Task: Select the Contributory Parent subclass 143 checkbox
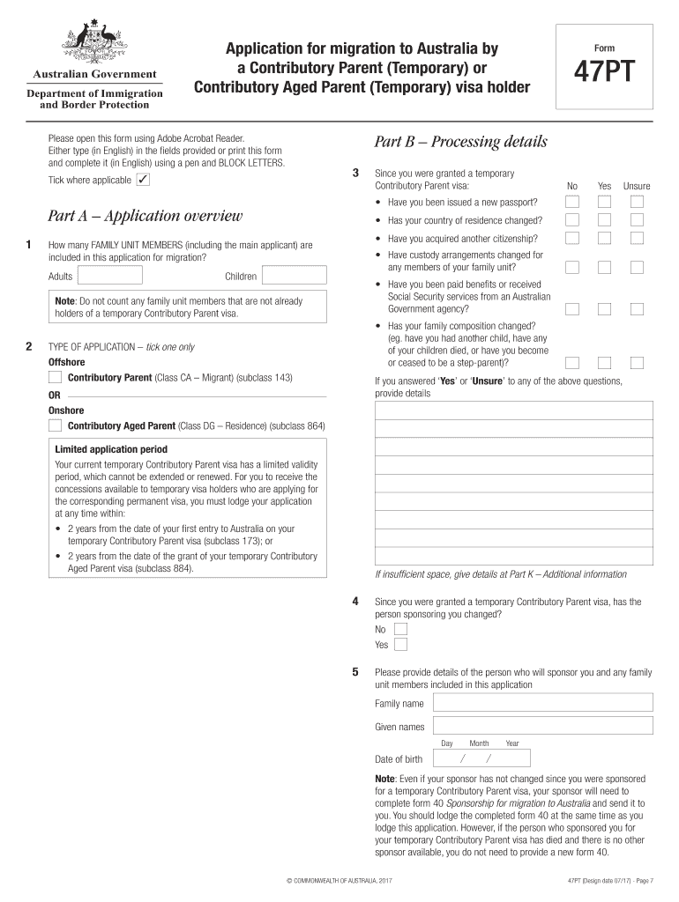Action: (x=56, y=378)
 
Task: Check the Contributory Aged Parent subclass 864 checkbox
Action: (x=56, y=426)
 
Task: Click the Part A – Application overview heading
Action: (x=145, y=217)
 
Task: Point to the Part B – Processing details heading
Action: (x=460, y=142)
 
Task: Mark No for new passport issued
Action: (x=572, y=202)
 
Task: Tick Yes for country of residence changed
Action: (x=604, y=220)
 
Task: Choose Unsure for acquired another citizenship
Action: (x=637, y=239)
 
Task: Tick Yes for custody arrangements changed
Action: (x=604, y=266)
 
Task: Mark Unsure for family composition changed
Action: (x=637, y=362)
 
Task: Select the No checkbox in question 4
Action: (x=400, y=630)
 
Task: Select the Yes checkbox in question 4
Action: (x=400, y=645)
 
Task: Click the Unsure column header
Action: (x=637, y=186)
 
